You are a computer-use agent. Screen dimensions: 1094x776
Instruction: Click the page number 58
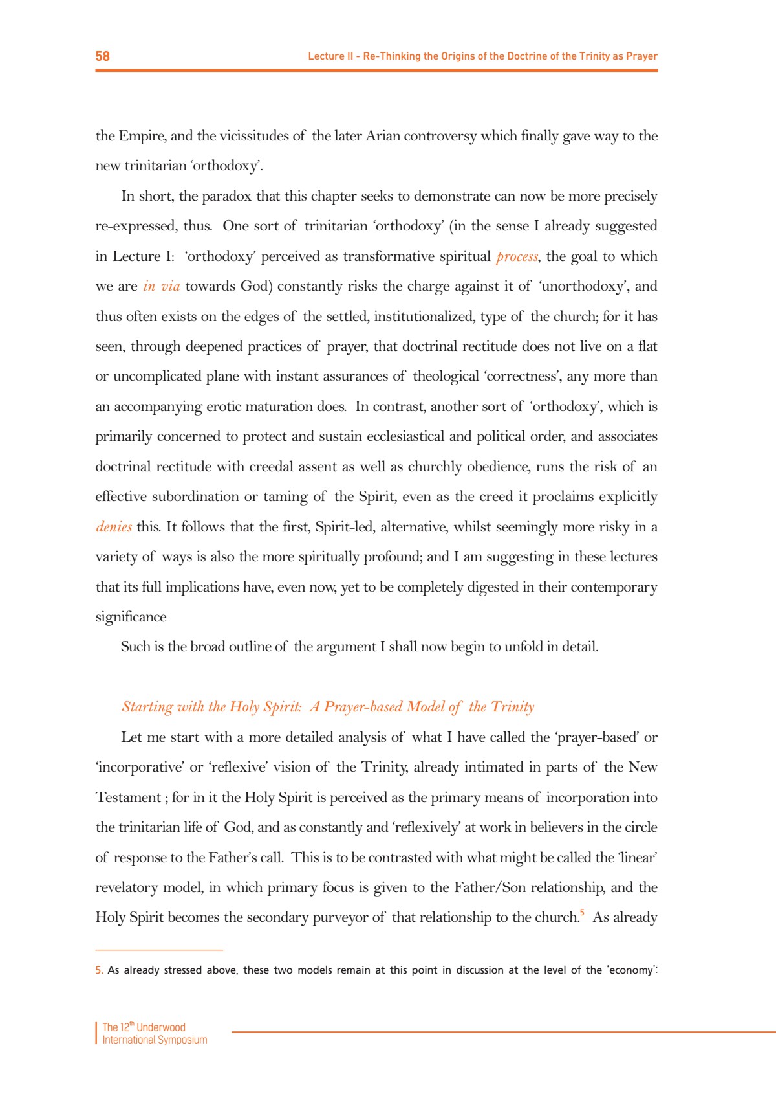click(102, 56)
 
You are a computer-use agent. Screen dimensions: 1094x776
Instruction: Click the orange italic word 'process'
click(517, 256)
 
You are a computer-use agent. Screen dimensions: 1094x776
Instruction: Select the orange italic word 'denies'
click(114, 527)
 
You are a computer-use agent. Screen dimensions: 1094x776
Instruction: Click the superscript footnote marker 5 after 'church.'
click(582, 913)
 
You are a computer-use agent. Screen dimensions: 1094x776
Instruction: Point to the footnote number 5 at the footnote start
click(99, 970)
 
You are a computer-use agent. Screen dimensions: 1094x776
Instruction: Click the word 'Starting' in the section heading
click(147, 707)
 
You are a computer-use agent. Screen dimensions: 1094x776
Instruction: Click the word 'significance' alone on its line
click(131, 617)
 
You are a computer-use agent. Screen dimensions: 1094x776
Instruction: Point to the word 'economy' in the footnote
click(632, 970)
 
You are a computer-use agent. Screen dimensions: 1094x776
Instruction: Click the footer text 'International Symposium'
click(155, 1040)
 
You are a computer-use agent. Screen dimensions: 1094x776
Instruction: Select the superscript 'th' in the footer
click(132, 1023)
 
